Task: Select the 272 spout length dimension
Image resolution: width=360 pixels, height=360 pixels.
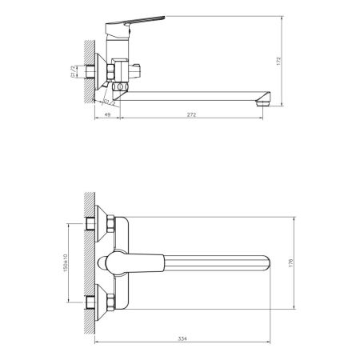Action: (188, 116)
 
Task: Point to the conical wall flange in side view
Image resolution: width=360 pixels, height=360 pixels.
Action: (99, 74)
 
